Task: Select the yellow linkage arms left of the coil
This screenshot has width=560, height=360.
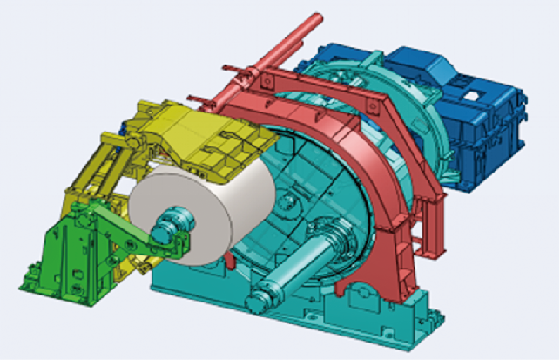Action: (x=91, y=174)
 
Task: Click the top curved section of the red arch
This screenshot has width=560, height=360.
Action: (x=287, y=87)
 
